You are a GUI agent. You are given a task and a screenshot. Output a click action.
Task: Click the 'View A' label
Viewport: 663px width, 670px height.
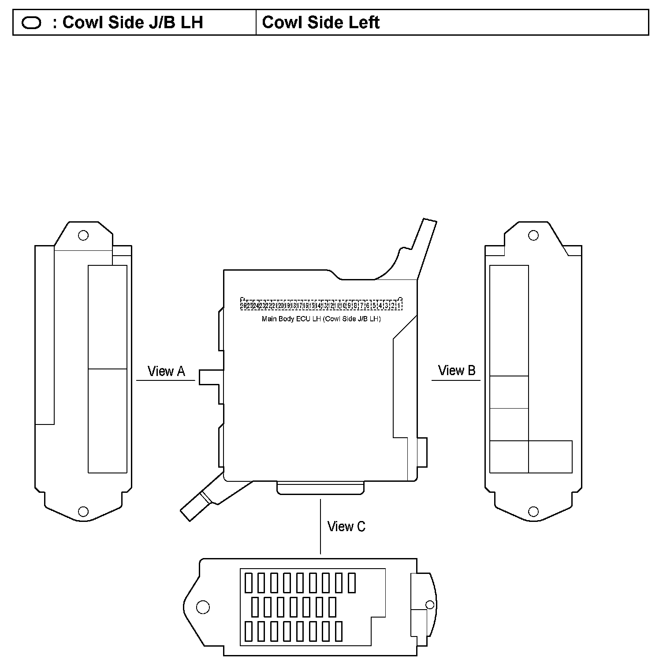166,371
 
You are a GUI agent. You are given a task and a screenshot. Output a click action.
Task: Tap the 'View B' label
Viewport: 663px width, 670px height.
457,370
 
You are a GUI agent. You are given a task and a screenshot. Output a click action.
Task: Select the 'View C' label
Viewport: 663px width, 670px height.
346,526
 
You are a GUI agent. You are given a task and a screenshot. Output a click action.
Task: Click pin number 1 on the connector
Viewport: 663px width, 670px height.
399,305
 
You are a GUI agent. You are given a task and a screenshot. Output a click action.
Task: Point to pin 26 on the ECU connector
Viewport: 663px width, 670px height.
243,305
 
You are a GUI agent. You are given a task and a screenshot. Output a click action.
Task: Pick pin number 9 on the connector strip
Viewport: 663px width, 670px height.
349,305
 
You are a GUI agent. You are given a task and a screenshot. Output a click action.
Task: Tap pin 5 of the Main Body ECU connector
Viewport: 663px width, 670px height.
374,305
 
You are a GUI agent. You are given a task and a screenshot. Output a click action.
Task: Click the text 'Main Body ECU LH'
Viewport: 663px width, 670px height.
291,319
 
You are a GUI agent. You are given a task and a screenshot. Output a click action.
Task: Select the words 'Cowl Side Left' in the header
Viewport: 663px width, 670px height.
320,22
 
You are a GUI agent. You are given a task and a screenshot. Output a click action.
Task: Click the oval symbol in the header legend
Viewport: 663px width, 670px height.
31,23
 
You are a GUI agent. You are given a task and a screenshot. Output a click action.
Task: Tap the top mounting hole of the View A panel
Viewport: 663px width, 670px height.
83,235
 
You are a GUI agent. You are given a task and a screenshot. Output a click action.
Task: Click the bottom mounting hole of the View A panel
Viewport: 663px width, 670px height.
83,511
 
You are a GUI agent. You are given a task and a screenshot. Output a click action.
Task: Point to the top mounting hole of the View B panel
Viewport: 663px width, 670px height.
533,235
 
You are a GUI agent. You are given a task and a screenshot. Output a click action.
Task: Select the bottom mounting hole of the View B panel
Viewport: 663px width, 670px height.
533,511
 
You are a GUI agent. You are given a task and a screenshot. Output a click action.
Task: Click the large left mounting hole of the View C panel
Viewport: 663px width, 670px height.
203,607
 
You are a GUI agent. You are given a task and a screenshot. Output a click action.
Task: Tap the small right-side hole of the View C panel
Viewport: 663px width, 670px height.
429,604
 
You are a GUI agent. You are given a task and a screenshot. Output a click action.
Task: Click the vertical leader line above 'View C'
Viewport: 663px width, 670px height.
320,527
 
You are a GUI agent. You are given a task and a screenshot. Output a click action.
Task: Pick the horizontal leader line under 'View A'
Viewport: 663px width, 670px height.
165,380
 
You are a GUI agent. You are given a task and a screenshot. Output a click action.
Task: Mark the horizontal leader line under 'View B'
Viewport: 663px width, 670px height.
456,380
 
